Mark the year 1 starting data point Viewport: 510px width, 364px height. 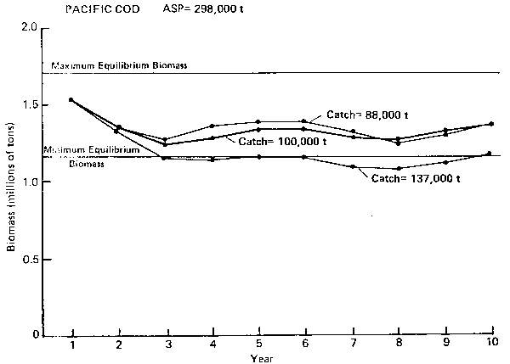coord(71,100)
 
